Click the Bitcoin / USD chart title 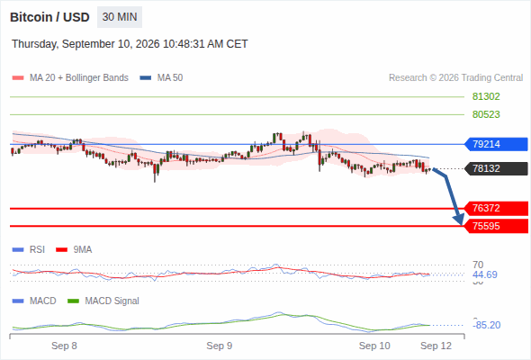49,17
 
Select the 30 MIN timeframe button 120,17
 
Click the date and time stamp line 130,44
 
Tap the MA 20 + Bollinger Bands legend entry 70,78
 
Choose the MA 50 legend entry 161,78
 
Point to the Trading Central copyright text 455,78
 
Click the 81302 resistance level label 486,97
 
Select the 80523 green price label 486,114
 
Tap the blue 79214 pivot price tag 496,144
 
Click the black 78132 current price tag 496,168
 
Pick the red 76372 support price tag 496,208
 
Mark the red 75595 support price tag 496,226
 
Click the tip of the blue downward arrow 461,224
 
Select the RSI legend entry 29,250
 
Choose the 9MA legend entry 74,250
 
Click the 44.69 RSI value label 485,274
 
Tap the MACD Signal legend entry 103,301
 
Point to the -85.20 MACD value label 486,325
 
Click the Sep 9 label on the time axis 220,346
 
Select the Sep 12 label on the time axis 436,346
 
